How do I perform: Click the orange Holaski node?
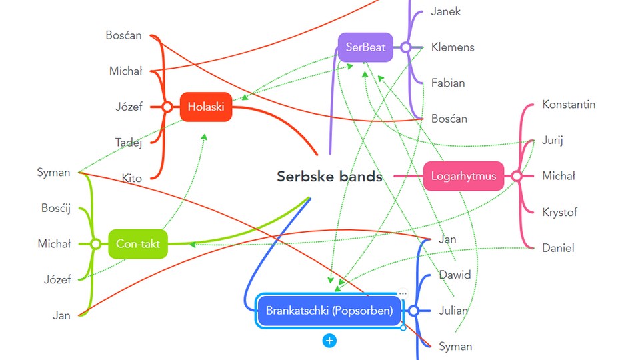point(206,107)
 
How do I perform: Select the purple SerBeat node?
point(365,47)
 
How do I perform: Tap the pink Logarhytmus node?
point(463,177)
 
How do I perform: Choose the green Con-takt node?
point(137,244)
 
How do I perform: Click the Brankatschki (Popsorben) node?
point(329,311)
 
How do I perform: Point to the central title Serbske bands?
point(329,177)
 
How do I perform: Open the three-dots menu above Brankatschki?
point(402,293)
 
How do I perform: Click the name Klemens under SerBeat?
point(453,47)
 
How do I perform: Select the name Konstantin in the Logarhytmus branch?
point(569,105)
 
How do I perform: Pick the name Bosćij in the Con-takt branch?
point(55,209)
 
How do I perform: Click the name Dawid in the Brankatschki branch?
point(455,275)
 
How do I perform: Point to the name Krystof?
point(559,213)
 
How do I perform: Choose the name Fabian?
point(448,83)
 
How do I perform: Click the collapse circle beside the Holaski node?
point(167,107)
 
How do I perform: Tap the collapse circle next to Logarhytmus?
point(516,177)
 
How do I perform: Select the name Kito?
point(131,178)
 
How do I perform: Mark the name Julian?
point(453,311)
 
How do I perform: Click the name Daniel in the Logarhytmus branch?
point(558,248)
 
